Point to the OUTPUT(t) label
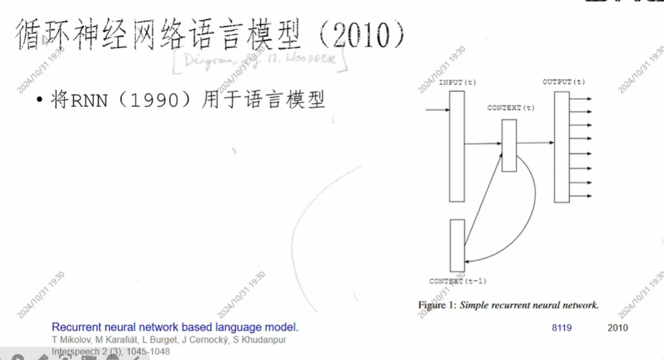(563, 82)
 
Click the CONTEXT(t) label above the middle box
(510, 108)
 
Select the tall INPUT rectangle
(457, 146)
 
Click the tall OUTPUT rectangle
(562, 146)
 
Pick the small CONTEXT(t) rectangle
(509, 145)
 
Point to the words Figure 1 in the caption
(438, 305)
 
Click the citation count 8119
(561, 327)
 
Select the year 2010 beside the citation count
(618, 327)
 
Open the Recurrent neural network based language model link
(174, 327)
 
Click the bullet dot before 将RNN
(40, 100)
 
